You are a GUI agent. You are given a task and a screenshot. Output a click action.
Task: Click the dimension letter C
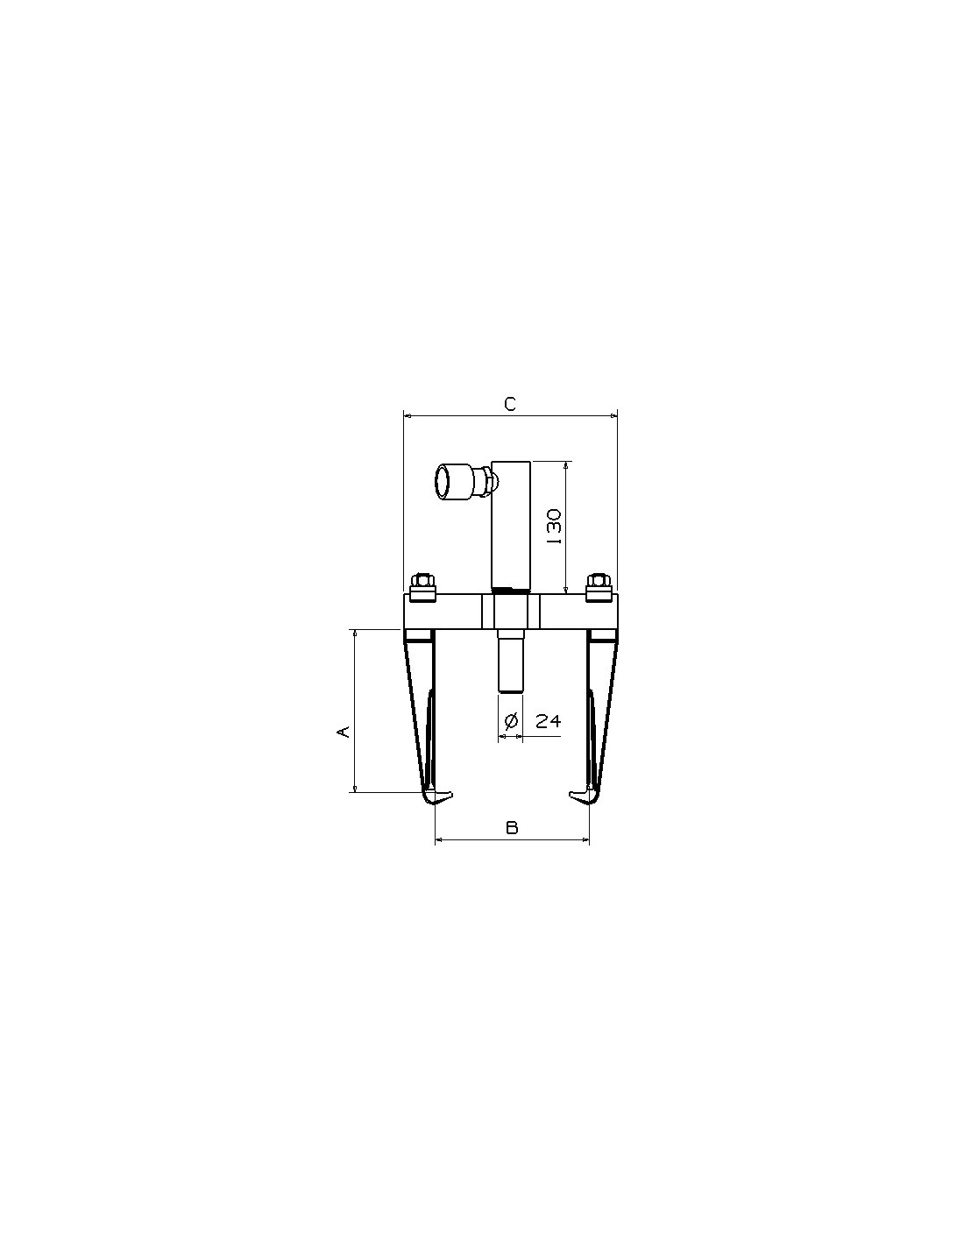click(510, 404)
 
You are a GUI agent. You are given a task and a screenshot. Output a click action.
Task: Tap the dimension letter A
click(343, 731)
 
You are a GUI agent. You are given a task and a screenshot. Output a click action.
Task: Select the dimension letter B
click(512, 827)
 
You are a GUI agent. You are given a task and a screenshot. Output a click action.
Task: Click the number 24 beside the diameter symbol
click(548, 721)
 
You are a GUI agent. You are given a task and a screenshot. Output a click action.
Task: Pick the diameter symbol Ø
click(510, 721)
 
